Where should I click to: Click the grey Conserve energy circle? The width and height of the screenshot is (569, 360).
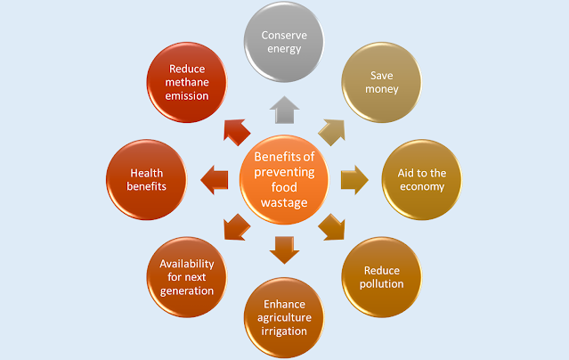(x=284, y=42)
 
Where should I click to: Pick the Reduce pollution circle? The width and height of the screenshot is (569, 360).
(x=383, y=276)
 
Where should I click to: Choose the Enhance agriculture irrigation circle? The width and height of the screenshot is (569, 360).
(x=285, y=317)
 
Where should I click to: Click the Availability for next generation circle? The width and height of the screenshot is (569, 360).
(x=187, y=276)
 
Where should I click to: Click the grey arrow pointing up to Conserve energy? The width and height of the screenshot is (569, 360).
(x=284, y=110)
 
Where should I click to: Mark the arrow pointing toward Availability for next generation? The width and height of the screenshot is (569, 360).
(x=236, y=226)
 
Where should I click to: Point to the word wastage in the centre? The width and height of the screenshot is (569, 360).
(x=284, y=205)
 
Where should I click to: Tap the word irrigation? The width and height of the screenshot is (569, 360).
(x=285, y=331)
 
